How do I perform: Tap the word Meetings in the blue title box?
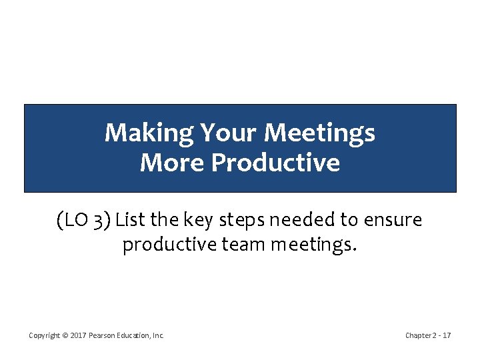click(x=319, y=133)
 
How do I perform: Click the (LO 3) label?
click(x=84, y=219)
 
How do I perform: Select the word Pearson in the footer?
click(x=102, y=335)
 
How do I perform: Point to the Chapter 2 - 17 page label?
click(x=427, y=335)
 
